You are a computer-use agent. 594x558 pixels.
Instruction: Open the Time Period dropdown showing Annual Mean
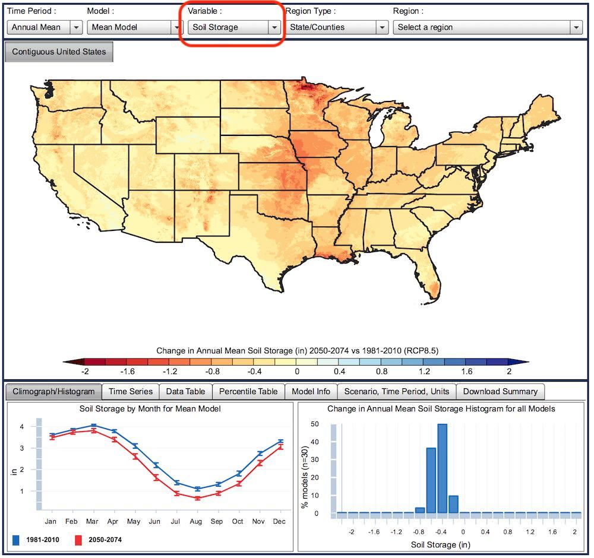tap(45, 27)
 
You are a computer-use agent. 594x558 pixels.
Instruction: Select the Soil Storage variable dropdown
tap(234, 27)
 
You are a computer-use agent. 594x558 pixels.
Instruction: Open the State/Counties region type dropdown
tap(337, 27)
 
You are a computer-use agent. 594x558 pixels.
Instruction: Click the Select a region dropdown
tap(488, 27)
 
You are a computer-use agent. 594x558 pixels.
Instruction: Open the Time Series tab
tap(131, 391)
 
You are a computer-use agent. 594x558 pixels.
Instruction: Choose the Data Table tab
tap(185, 391)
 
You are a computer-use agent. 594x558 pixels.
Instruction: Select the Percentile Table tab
tap(248, 391)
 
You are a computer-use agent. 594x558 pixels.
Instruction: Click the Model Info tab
tap(311, 391)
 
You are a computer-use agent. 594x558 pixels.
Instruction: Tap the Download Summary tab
tap(500, 391)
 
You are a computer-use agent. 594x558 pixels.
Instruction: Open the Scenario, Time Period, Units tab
tap(397, 391)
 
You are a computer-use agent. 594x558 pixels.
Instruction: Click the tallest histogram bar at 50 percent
tap(442, 468)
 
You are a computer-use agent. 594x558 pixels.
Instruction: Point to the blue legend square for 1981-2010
tap(16, 540)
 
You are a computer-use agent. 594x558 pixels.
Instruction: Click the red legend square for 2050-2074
tap(78, 540)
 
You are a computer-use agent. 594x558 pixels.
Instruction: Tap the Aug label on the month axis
tap(196, 521)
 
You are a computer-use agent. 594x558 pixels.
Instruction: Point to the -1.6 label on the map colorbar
tap(127, 372)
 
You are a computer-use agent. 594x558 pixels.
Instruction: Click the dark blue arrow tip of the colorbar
tap(528, 362)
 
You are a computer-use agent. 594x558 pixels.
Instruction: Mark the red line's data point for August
tap(197, 498)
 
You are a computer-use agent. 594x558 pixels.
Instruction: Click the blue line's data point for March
tap(94, 426)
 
